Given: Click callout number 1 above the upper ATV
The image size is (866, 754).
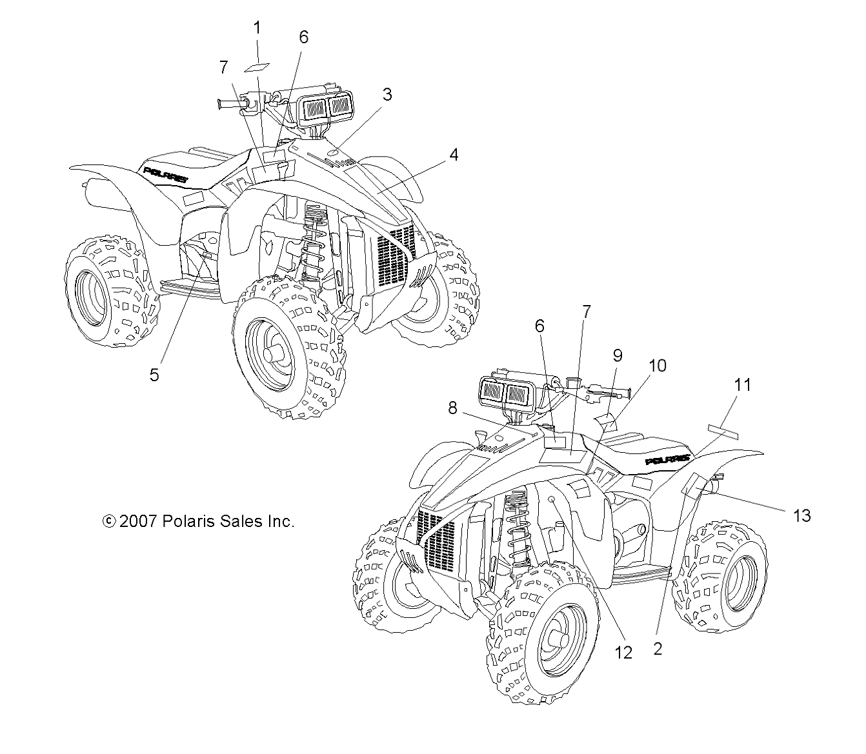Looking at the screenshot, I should coord(257,28).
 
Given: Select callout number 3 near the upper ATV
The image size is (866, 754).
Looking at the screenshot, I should coord(387,95).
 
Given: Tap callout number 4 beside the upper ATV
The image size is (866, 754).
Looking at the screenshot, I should coord(454,155).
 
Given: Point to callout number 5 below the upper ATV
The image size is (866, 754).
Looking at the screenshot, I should coord(154,374).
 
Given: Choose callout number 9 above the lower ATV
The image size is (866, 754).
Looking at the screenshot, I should coord(618,355).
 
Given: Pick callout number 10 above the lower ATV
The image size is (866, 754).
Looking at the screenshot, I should coord(658,366).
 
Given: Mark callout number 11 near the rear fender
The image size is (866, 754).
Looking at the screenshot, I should coord(743,385).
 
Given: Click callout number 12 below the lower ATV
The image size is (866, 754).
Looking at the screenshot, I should coord(623,653).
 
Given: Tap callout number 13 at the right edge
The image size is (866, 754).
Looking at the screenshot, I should coord(802,515).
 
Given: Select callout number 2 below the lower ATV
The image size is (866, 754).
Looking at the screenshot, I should coord(658,649).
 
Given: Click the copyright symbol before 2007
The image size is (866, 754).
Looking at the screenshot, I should coord(108,521).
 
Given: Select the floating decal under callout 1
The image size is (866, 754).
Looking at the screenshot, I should coord(257,67).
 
